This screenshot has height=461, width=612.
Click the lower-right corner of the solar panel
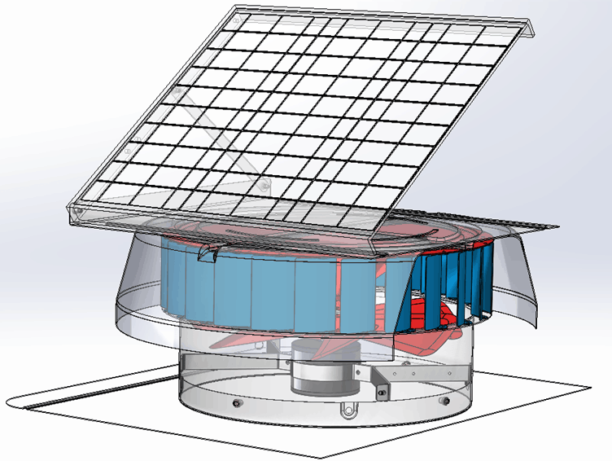tap(374, 241)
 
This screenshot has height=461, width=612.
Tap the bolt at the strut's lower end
tap(264, 187)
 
